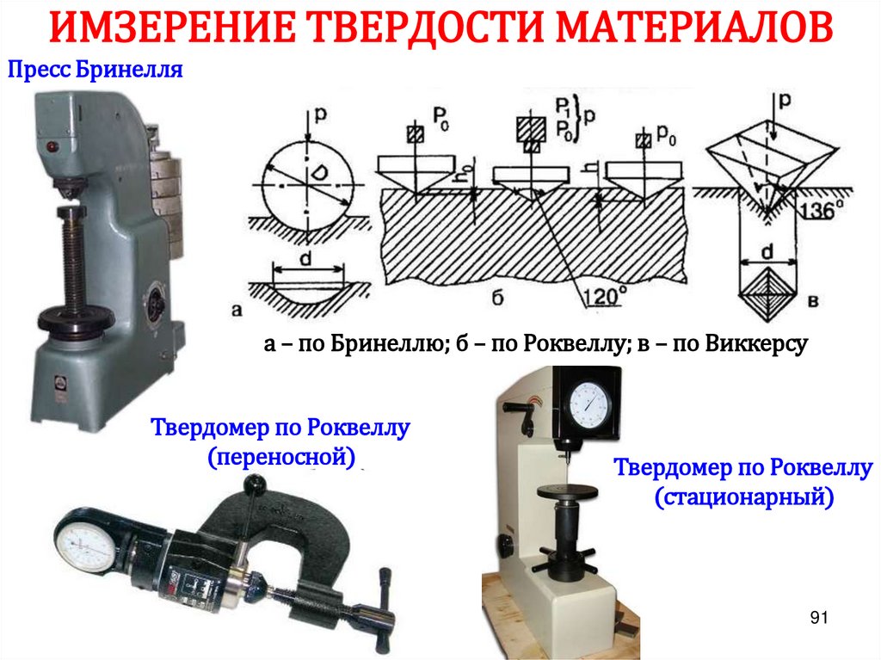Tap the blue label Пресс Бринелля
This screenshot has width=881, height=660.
[95, 70]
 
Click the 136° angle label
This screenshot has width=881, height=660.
[821, 210]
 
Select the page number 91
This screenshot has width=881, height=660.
[819, 617]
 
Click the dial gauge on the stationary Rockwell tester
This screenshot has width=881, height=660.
[589, 404]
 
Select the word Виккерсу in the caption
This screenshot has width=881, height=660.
[756, 343]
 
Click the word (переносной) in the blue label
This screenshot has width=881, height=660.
[281, 456]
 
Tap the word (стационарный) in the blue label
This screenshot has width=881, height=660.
[744, 497]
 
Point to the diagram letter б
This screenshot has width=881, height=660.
[497, 298]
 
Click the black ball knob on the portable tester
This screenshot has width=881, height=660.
[254, 484]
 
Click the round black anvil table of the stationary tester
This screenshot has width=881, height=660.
[566, 492]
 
